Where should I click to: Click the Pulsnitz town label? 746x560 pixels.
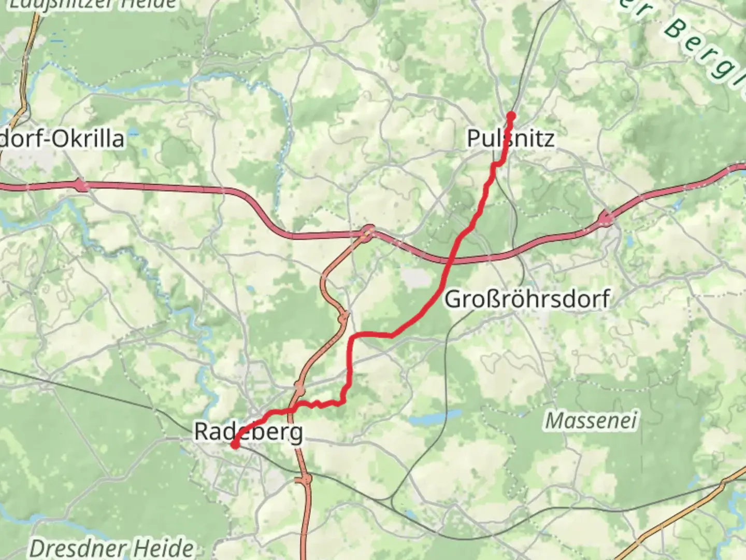[x=510, y=138]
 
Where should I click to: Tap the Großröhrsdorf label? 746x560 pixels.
[x=527, y=299]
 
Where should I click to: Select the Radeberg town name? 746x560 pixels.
[x=248, y=431]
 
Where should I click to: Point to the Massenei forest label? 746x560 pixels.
[x=591, y=420]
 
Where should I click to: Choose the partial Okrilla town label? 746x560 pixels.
[x=62, y=138]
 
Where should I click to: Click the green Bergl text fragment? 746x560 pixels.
[x=705, y=49]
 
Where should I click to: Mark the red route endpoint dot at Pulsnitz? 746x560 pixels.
[x=511, y=116]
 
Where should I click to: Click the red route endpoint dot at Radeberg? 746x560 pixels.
[x=235, y=444]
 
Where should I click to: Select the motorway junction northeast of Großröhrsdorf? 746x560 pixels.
[x=606, y=219]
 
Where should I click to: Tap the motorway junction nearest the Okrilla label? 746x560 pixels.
[x=81, y=185]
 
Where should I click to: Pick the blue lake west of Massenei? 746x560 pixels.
[x=434, y=418]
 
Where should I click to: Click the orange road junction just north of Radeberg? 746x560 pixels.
[x=299, y=388]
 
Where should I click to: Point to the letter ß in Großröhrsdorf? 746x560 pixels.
[x=489, y=299]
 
